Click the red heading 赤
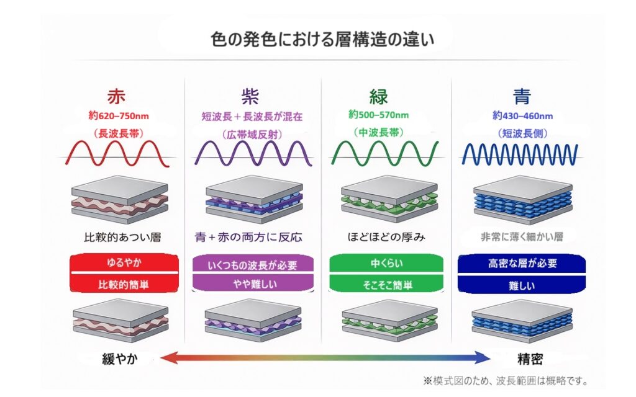coord(116,97)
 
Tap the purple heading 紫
coord(250,97)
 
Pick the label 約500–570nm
coord(378,115)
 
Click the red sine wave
coord(118,153)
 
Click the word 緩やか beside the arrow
coord(123,358)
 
